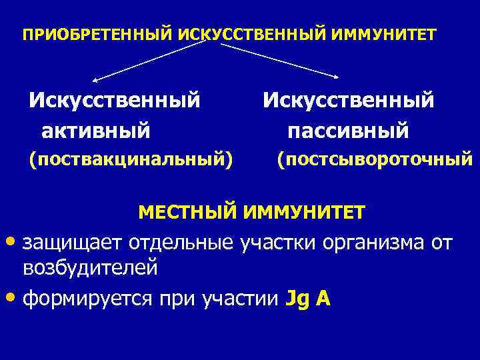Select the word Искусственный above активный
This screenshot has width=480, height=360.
pos(114,101)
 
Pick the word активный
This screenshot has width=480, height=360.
pos(96,129)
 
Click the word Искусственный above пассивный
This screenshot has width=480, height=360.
pos(348,101)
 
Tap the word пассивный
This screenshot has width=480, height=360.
pos(348,129)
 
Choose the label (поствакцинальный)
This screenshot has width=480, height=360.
pos(131,159)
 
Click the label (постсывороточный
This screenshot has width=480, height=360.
pos(375,159)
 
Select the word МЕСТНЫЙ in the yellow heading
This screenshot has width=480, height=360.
pos(187,213)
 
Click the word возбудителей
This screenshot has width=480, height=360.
pos(90,269)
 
